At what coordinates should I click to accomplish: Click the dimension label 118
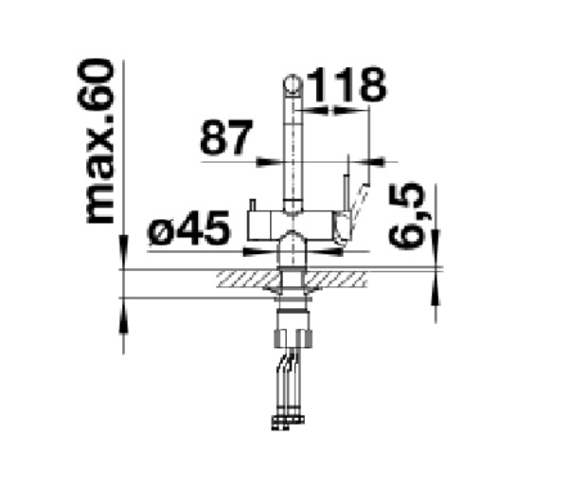[347, 84]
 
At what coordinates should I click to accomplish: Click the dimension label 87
[226, 137]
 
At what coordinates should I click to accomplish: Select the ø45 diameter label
[189, 227]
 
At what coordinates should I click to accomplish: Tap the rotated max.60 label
[97, 141]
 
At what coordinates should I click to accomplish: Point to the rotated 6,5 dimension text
[406, 215]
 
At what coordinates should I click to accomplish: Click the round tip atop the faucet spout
[292, 84]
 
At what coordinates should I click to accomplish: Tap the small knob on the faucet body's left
[253, 205]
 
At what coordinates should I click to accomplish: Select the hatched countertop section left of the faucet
[248, 280]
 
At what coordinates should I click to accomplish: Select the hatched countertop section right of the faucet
[335, 280]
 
